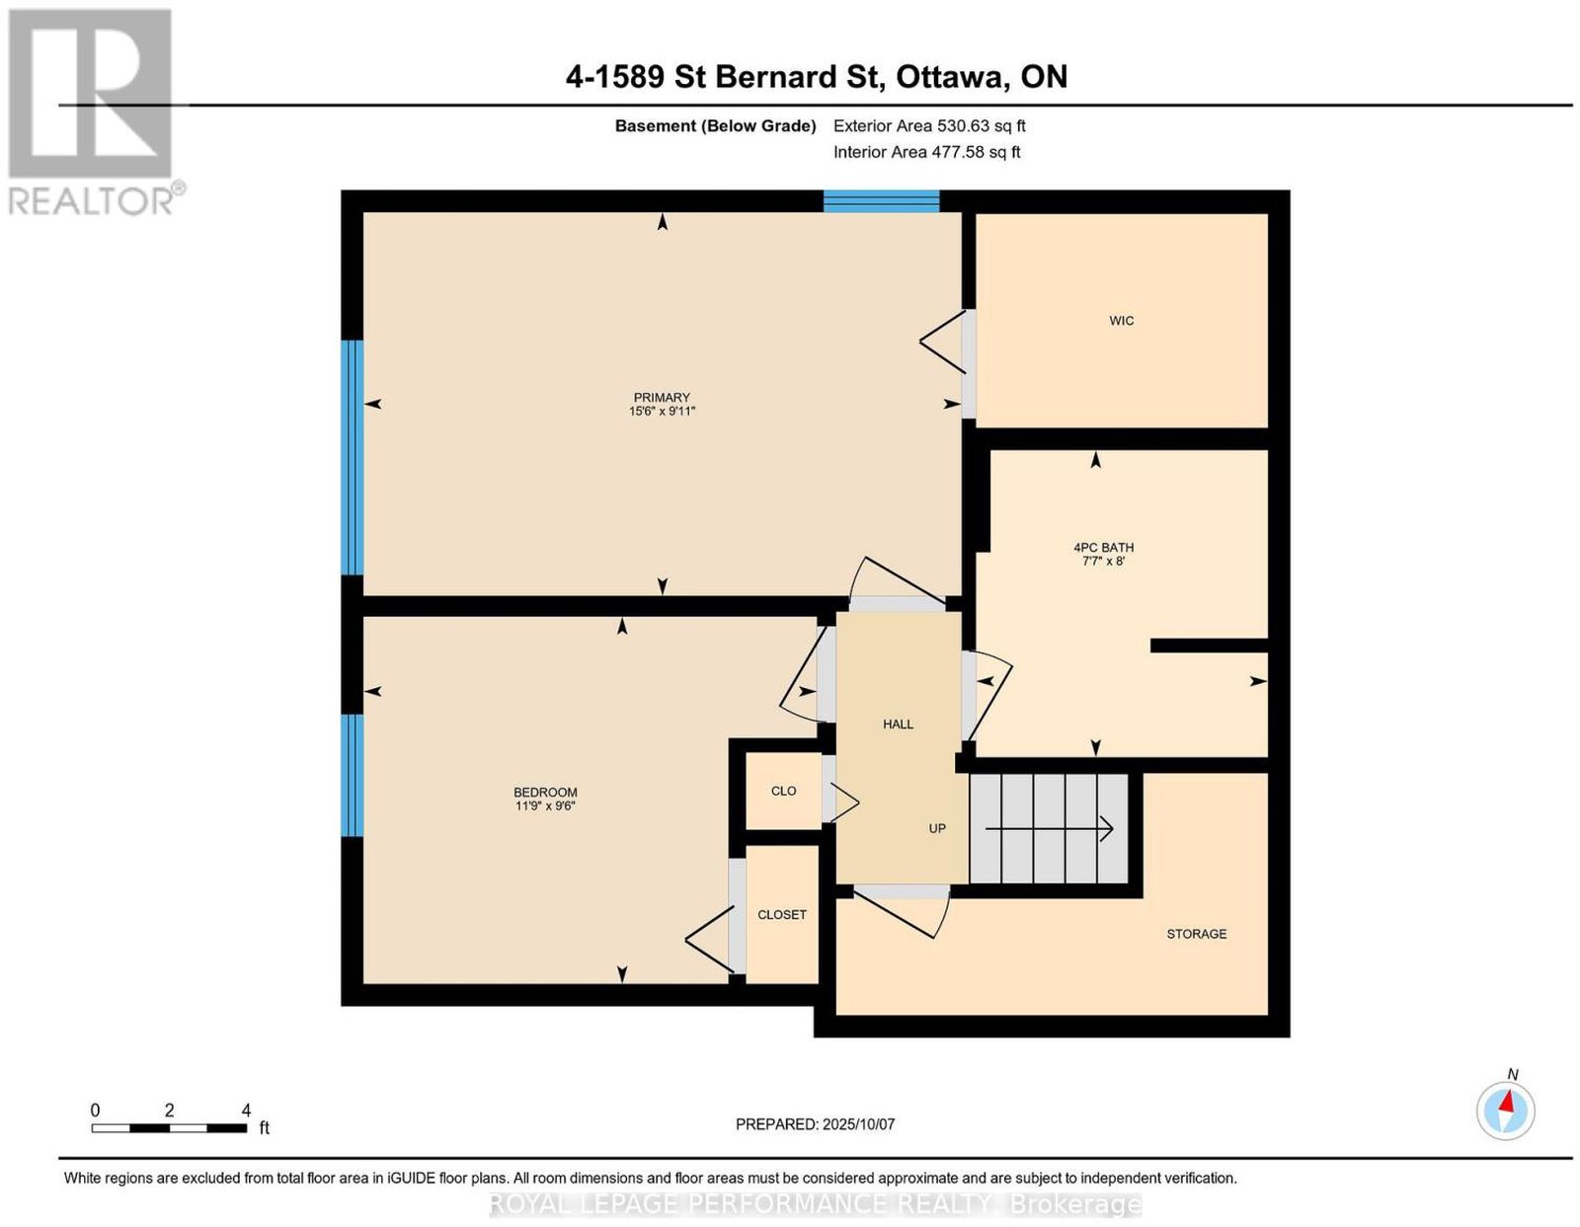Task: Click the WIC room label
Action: coord(1121,321)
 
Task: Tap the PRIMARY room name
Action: coord(661,398)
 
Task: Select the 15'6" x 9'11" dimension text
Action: coord(662,412)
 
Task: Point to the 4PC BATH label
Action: coord(1103,548)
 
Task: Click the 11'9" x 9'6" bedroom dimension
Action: coord(544,805)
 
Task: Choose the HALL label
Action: coord(898,725)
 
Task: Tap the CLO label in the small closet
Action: coord(783,791)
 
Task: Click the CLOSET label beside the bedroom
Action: coord(782,915)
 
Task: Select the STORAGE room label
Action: coord(1196,934)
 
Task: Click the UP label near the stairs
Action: coord(936,828)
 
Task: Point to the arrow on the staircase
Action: coord(1049,828)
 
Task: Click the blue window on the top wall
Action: coord(881,200)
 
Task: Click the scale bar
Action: coord(169,1128)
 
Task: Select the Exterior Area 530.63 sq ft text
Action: coord(929,125)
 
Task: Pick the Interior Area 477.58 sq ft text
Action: coord(926,152)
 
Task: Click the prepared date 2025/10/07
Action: coord(858,1124)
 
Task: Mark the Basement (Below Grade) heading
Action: coord(716,125)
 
